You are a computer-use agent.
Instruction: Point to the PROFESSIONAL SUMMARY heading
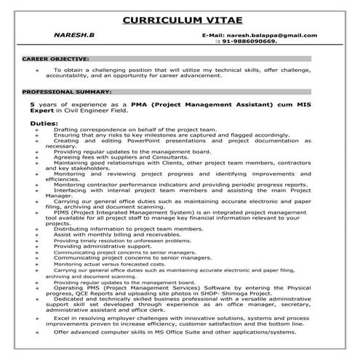pyautogui.click(x=67, y=93)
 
